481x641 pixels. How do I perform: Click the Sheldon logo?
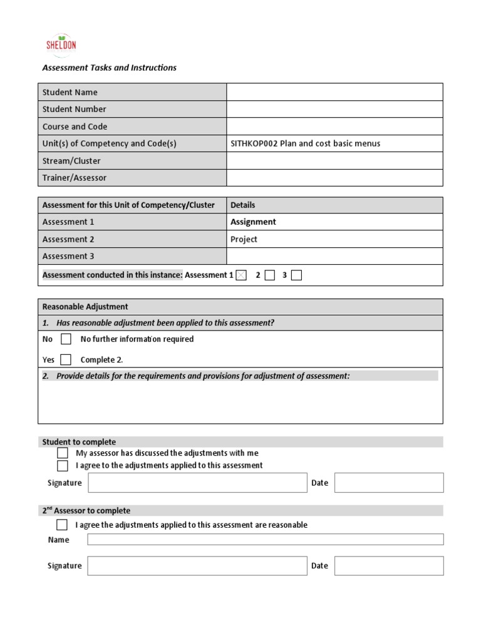[61, 44]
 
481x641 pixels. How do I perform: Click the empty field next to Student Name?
[334, 92]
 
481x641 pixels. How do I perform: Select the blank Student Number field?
[334, 109]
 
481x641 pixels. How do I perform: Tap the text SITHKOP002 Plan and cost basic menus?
[305, 143]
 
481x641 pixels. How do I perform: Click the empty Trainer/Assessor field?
[334, 178]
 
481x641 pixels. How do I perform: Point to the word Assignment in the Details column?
[253, 222]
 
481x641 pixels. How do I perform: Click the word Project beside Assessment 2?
[244, 239]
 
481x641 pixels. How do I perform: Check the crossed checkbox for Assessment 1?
[241, 275]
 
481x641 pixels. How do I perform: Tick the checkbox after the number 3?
[296, 275]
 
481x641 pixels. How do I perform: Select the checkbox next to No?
[66, 339]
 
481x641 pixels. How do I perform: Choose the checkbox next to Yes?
[66, 359]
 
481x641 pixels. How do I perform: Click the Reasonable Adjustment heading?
[85, 307]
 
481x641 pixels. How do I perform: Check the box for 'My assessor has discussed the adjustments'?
[63, 453]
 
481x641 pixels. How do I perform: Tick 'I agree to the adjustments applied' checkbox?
[63, 465]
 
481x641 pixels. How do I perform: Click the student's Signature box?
[197, 483]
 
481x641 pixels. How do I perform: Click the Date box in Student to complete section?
[388, 483]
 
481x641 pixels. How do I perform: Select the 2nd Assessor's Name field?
[265, 540]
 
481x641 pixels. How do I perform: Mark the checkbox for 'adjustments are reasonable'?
[62, 525]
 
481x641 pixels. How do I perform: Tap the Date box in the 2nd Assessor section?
[388, 565]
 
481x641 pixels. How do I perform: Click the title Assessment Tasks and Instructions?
[109, 68]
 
